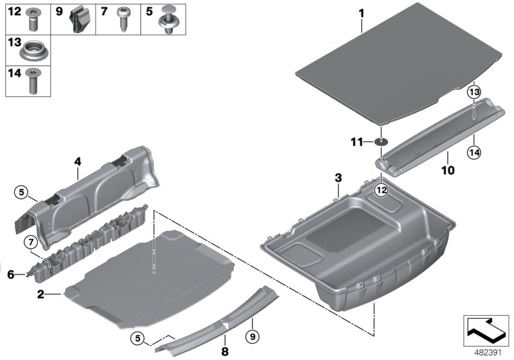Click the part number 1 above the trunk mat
[361, 13]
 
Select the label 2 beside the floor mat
[40, 294]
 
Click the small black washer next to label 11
[381, 142]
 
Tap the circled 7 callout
[30, 242]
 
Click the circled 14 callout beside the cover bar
[474, 152]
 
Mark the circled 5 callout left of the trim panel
[21, 192]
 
